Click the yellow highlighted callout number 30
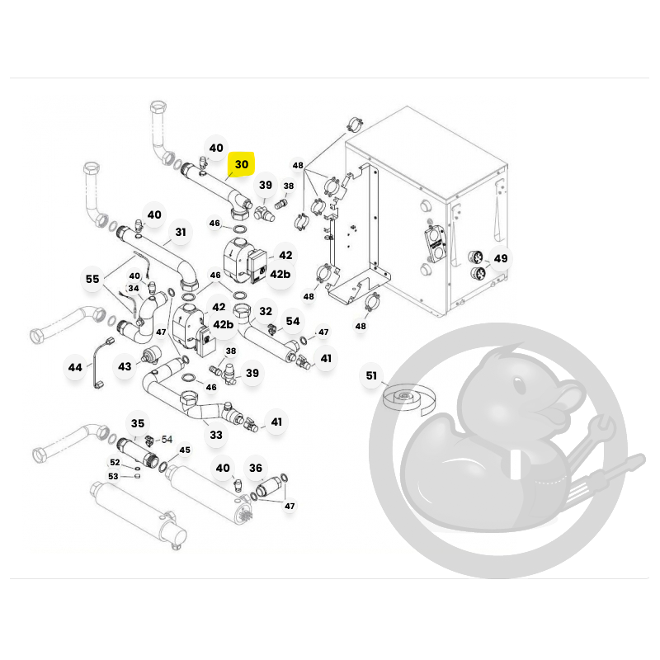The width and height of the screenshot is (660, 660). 241,164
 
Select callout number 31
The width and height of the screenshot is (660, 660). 181,232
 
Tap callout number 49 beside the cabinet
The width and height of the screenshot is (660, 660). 501,258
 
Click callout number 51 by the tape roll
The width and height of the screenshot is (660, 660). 370,375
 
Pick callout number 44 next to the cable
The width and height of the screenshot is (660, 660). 75,367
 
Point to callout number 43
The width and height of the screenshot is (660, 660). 125,366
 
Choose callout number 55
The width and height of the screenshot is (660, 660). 92,279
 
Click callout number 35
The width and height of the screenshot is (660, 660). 138,423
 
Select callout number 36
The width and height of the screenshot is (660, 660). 256,468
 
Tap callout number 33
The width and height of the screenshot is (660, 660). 216,435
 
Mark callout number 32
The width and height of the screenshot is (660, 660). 266,311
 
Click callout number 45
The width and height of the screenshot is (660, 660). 185,450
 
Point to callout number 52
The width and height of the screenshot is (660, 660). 115,462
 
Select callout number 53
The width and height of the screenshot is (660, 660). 113,476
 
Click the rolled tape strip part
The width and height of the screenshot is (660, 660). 408,398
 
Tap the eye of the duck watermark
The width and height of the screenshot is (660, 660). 519,385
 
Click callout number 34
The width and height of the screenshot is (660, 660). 134,288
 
